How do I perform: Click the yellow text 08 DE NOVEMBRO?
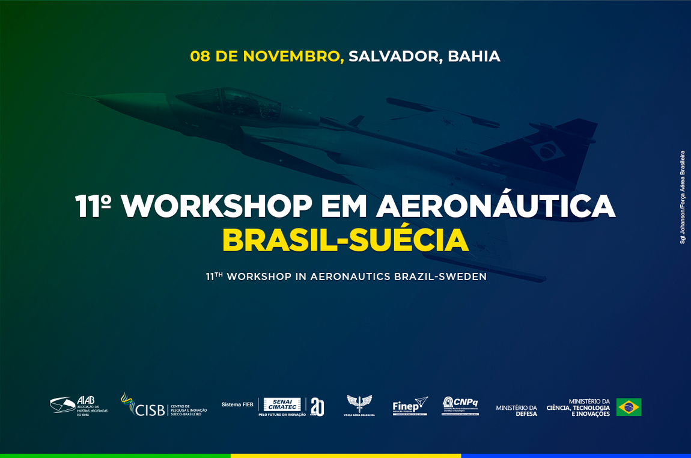[266, 56]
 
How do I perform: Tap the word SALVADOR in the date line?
[395, 56]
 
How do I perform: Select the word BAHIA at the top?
[474, 56]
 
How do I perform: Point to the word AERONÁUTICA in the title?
[496, 207]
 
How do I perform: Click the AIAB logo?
[78, 406]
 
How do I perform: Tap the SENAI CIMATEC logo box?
[282, 405]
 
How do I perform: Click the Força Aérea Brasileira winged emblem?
[359, 404]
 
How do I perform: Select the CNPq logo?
[460, 405]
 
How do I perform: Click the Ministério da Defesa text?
[516, 411]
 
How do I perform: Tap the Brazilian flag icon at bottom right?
[629, 407]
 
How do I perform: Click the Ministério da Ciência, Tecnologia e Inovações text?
[578, 408]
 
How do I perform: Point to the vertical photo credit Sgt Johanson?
[683, 197]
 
